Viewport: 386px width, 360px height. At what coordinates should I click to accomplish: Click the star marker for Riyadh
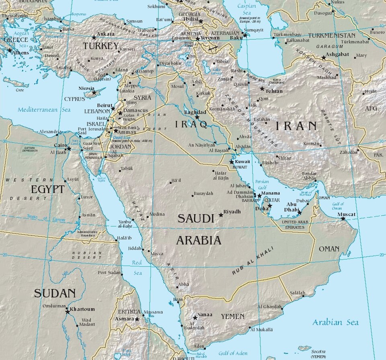pos(221,215)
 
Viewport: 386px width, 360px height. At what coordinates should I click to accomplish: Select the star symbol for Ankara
pos(94,37)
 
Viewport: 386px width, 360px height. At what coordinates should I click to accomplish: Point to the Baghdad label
pos(195,112)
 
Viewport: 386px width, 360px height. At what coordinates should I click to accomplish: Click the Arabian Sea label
pos(335,322)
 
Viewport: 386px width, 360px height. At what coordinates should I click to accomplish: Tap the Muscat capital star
pos(343,219)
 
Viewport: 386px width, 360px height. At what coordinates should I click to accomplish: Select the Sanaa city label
pos(205,315)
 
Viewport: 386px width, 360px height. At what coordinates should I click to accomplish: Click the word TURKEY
pos(101,46)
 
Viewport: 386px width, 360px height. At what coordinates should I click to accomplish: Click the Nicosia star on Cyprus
pos(94,93)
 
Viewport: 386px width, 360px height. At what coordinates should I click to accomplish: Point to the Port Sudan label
pos(109,272)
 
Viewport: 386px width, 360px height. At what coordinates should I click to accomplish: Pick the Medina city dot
pos(148,217)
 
